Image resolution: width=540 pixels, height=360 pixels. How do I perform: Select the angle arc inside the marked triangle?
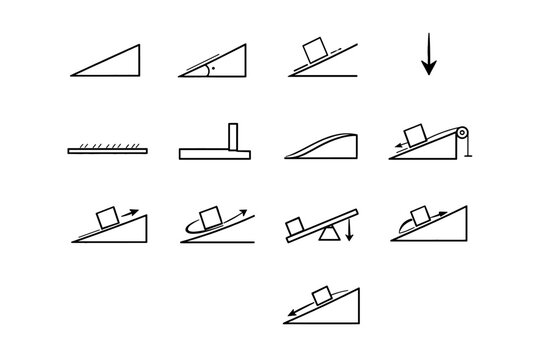[x=204, y=70]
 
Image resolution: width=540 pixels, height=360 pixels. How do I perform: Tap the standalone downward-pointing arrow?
[x=429, y=55]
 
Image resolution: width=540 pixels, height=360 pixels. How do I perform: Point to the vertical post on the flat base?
[x=232, y=138]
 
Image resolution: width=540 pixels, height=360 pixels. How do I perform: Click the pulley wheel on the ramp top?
[x=462, y=132]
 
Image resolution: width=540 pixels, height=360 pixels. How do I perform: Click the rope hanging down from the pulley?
[x=463, y=148]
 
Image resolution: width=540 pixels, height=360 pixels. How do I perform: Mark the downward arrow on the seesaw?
[x=349, y=232]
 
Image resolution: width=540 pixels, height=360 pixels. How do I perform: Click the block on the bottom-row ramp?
[x=321, y=295]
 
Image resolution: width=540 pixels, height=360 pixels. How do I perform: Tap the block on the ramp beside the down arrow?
[x=316, y=48]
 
